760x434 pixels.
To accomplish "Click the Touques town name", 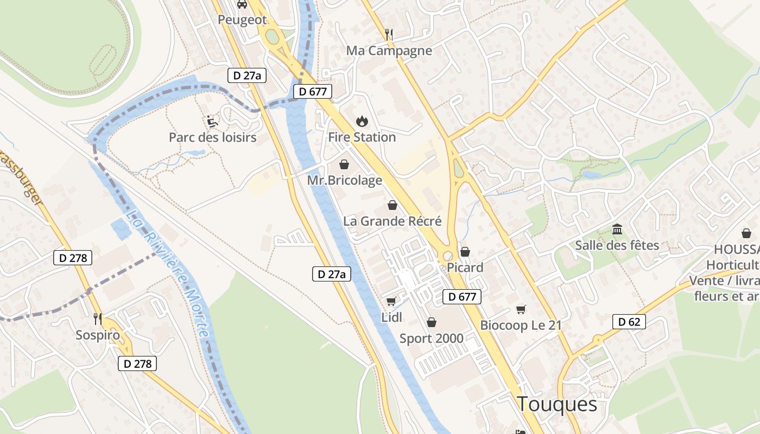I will click(x=556, y=404).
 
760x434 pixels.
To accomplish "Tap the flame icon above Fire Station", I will click(x=362, y=121).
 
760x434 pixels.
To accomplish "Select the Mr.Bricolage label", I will click(x=345, y=180).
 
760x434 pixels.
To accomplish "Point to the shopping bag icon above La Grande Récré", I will click(x=392, y=205).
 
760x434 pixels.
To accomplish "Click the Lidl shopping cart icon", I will click(x=391, y=301).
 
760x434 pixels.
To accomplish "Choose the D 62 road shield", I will click(x=629, y=322).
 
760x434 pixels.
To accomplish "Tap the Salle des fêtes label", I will click(x=617, y=245).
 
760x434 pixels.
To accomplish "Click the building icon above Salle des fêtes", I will click(x=617, y=229).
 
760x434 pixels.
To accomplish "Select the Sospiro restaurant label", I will click(x=98, y=335).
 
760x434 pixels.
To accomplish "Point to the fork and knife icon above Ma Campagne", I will click(x=388, y=34).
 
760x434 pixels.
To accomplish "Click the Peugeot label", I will click(x=242, y=20).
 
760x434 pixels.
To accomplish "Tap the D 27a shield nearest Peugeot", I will click(x=247, y=76).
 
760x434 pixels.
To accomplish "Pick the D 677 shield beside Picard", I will click(x=462, y=297).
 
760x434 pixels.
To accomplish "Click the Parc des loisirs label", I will click(x=212, y=137).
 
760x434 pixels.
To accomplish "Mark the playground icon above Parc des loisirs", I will click(x=212, y=121).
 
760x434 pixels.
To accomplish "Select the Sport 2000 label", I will click(x=432, y=339).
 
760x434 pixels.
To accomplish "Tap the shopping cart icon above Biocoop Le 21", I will click(x=521, y=309).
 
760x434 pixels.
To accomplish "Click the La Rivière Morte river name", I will click(x=168, y=273).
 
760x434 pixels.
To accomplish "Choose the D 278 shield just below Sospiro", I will click(x=137, y=363).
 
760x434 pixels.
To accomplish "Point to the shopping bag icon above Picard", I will click(x=465, y=252).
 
